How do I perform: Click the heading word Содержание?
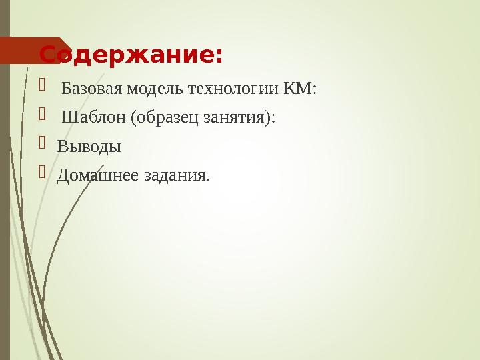click(x=127, y=54)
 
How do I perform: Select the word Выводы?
click(x=89, y=147)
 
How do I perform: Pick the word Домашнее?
click(x=97, y=175)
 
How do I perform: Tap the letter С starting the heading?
click(x=47, y=54)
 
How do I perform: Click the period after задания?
click(x=207, y=180)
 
